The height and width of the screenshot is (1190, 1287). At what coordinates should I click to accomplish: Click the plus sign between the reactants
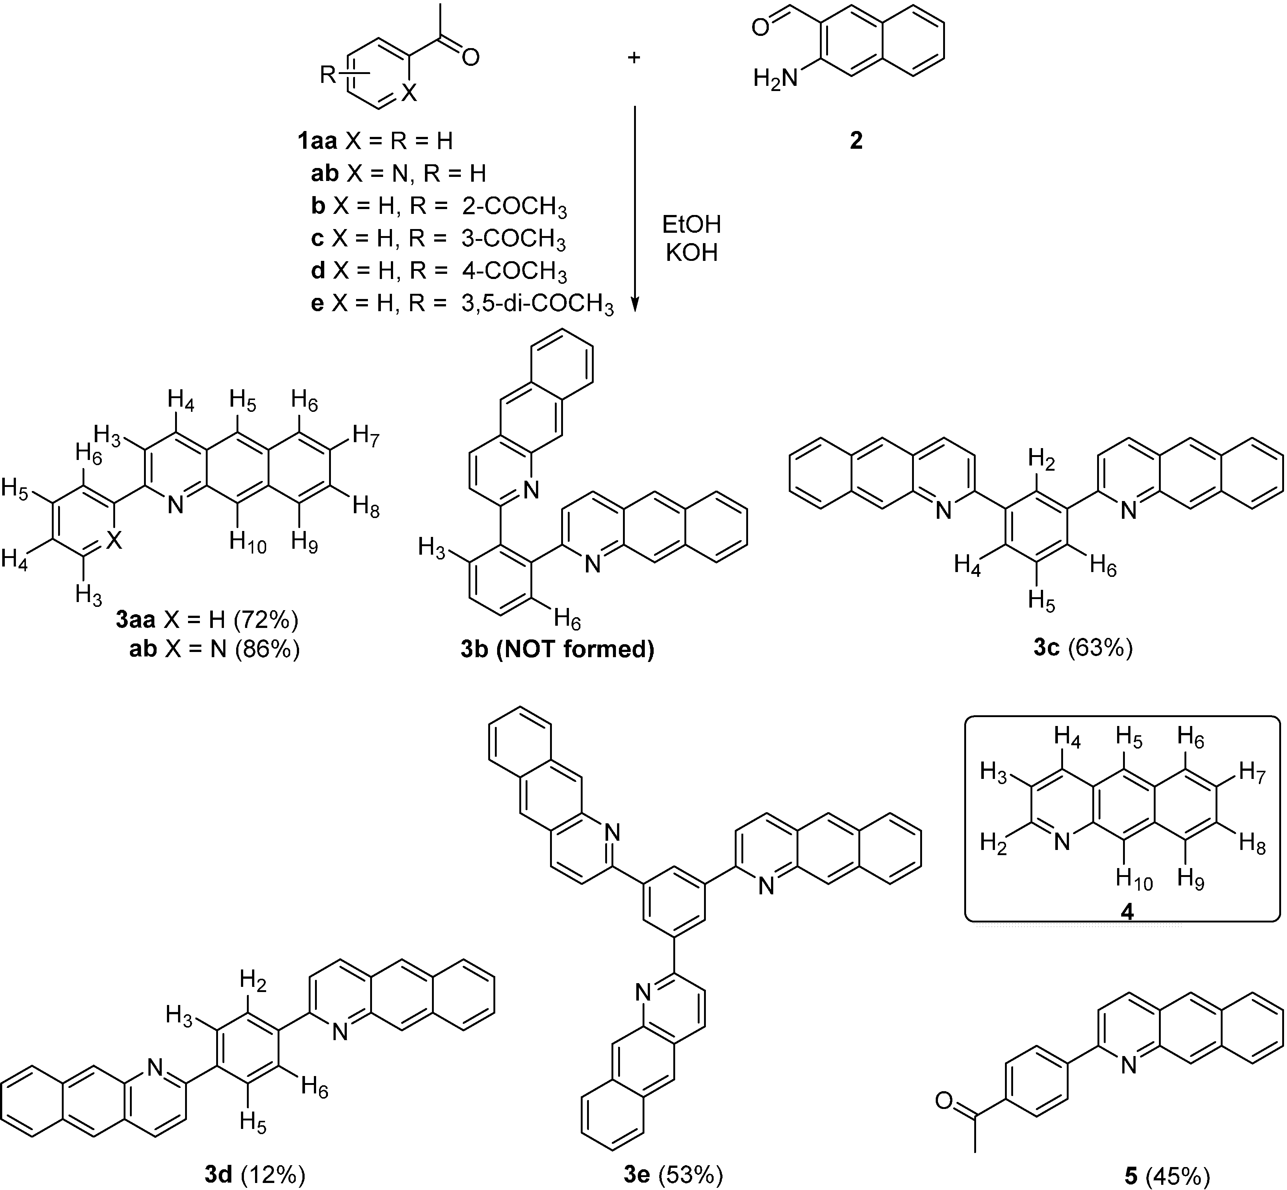634,58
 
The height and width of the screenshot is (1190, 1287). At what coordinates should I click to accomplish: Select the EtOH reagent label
691,225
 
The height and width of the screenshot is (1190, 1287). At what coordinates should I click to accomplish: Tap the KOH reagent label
691,253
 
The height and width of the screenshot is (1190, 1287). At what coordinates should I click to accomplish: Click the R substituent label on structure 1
329,76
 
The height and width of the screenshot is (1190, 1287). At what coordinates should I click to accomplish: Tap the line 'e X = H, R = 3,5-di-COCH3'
462,303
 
